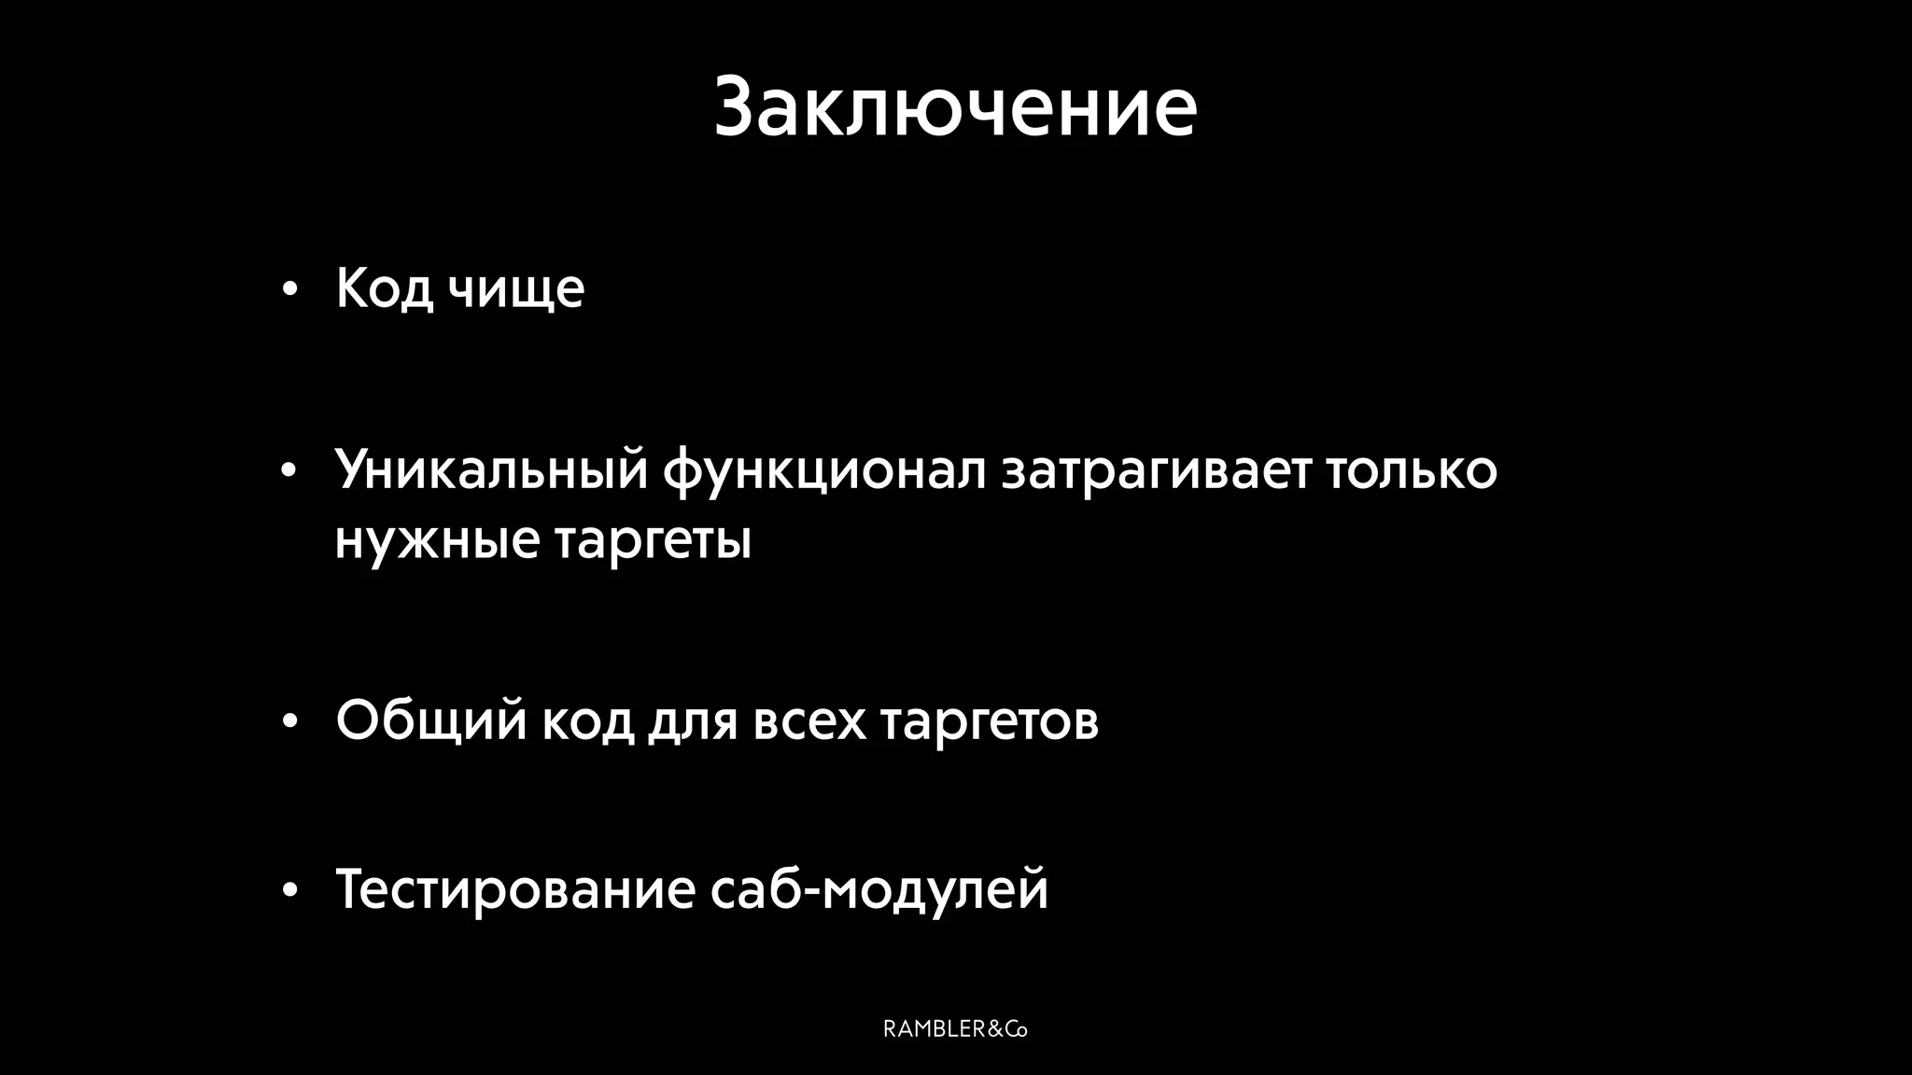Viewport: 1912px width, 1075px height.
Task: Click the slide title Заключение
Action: (x=955, y=106)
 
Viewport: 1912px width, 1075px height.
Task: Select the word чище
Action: (x=515, y=289)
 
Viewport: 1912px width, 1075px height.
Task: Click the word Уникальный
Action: (x=491, y=468)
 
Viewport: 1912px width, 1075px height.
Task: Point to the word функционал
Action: (x=824, y=470)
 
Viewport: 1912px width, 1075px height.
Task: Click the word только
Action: (x=1412, y=468)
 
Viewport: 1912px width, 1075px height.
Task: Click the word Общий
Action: (x=431, y=720)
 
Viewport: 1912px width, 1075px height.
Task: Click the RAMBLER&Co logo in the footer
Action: (x=955, y=1029)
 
